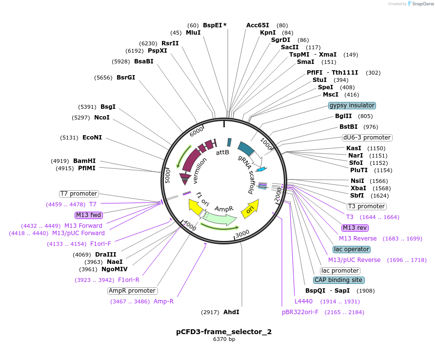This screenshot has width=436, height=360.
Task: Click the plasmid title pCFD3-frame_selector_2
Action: (x=224, y=332)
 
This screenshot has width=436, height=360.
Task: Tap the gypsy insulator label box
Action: (x=352, y=105)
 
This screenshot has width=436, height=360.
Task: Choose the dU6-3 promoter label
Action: (x=367, y=138)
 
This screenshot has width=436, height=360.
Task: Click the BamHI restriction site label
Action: (x=84, y=160)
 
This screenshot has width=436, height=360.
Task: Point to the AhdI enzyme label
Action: (x=231, y=312)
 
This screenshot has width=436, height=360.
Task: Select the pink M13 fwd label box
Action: (x=88, y=215)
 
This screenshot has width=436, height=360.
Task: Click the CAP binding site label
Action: (x=338, y=280)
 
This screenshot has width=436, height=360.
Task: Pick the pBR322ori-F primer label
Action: (x=300, y=312)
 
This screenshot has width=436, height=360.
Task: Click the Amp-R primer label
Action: (x=163, y=301)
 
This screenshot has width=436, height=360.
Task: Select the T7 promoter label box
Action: (x=79, y=194)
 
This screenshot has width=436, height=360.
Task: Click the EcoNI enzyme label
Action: (x=92, y=138)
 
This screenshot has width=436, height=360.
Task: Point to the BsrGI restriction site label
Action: (x=126, y=77)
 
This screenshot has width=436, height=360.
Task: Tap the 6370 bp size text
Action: (x=224, y=339)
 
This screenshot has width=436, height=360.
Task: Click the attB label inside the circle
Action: (x=222, y=152)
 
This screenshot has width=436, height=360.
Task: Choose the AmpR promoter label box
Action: (x=132, y=291)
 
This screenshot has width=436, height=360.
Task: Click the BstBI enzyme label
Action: (x=349, y=127)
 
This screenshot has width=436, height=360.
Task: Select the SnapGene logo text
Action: (x=422, y=4)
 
